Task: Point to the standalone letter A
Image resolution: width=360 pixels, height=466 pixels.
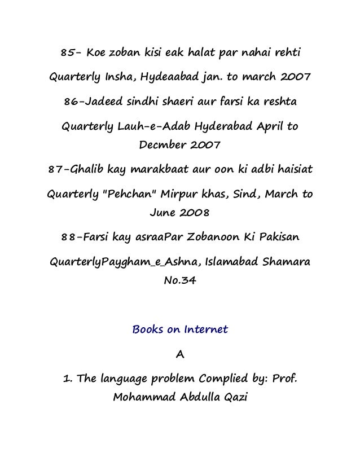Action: pyautogui.click(x=180, y=354)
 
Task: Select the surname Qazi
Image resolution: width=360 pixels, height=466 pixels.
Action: pyautogui.click(x=234, y=398)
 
